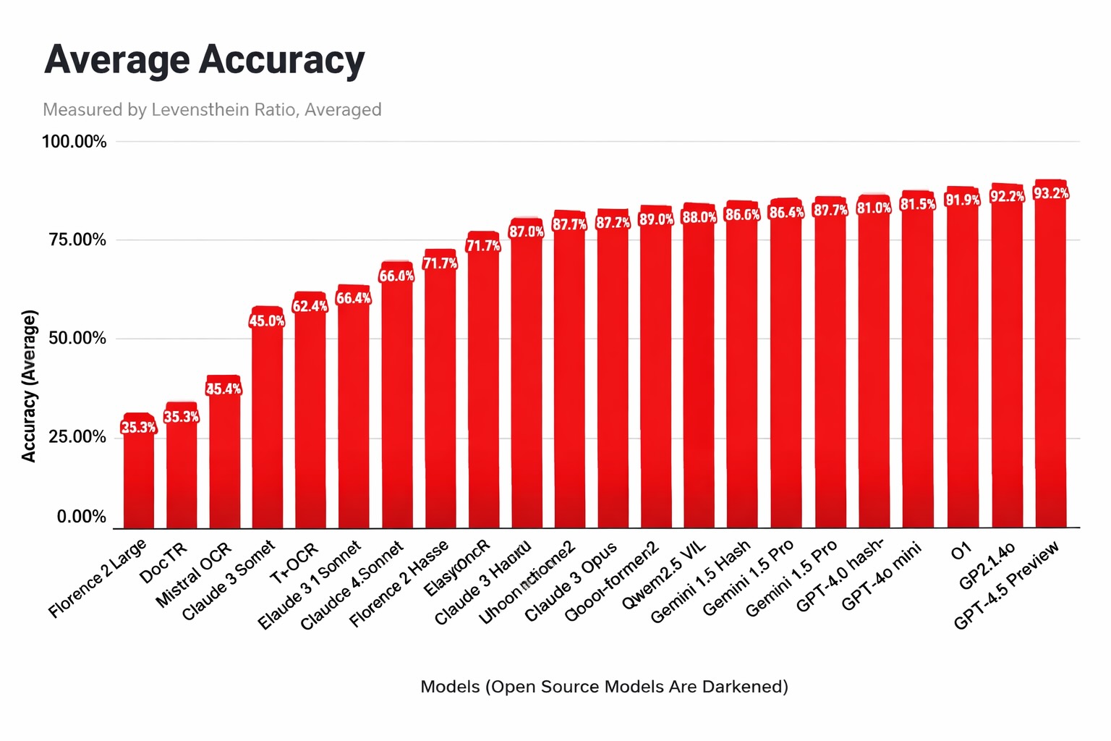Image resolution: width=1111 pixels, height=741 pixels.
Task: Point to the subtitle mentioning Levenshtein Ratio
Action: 212,110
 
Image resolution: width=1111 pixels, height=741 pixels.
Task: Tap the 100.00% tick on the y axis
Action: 74,142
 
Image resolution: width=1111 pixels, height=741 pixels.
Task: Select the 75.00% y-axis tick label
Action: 77,240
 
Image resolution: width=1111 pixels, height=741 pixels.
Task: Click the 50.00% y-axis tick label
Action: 77,339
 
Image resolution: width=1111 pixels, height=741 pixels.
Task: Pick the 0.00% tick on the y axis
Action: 82,517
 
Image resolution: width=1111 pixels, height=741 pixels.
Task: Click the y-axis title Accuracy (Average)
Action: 29,386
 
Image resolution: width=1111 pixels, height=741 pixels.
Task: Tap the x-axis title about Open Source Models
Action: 604,686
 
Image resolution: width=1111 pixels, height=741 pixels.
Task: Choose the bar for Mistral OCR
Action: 224,456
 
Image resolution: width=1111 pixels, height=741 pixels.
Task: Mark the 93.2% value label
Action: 1050,193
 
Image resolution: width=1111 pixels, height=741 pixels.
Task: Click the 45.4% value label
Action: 224,389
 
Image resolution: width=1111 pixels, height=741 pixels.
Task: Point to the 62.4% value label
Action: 310,306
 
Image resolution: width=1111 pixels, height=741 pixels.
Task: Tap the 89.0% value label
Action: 656,219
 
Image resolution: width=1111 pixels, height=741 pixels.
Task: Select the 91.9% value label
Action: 963,200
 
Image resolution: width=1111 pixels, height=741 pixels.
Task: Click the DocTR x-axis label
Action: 164,562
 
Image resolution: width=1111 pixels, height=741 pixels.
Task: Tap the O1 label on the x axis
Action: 961,552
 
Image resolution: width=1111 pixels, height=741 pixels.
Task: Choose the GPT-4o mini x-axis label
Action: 882,575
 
